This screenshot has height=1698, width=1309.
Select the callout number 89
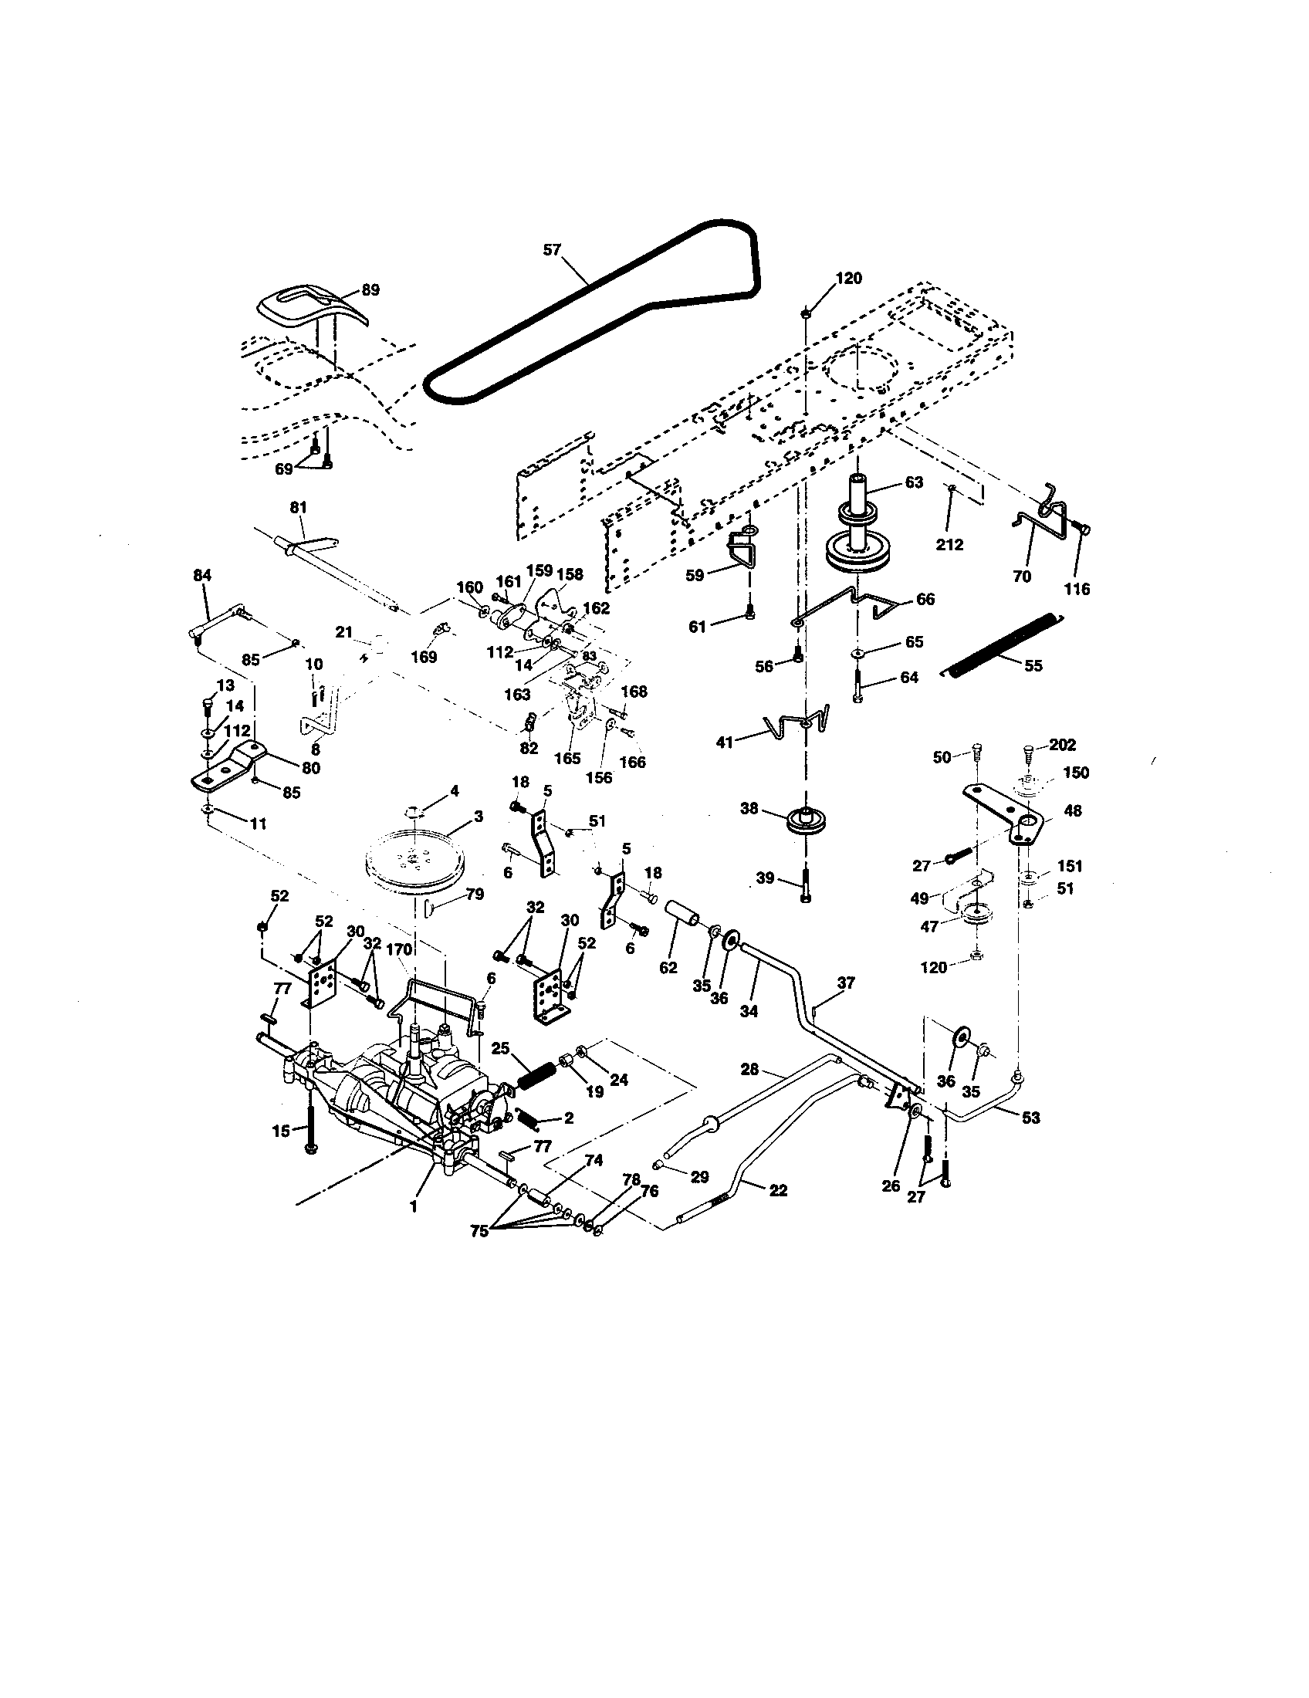(x=370, y=290)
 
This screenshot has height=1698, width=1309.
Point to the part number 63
(x=913, y=482)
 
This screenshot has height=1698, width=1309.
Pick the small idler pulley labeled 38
(x=808, y=822)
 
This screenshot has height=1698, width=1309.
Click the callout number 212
(x=949, y=544)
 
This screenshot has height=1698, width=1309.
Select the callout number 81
(x=299, y=507)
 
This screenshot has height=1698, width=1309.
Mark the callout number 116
(x=1077, y=590)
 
